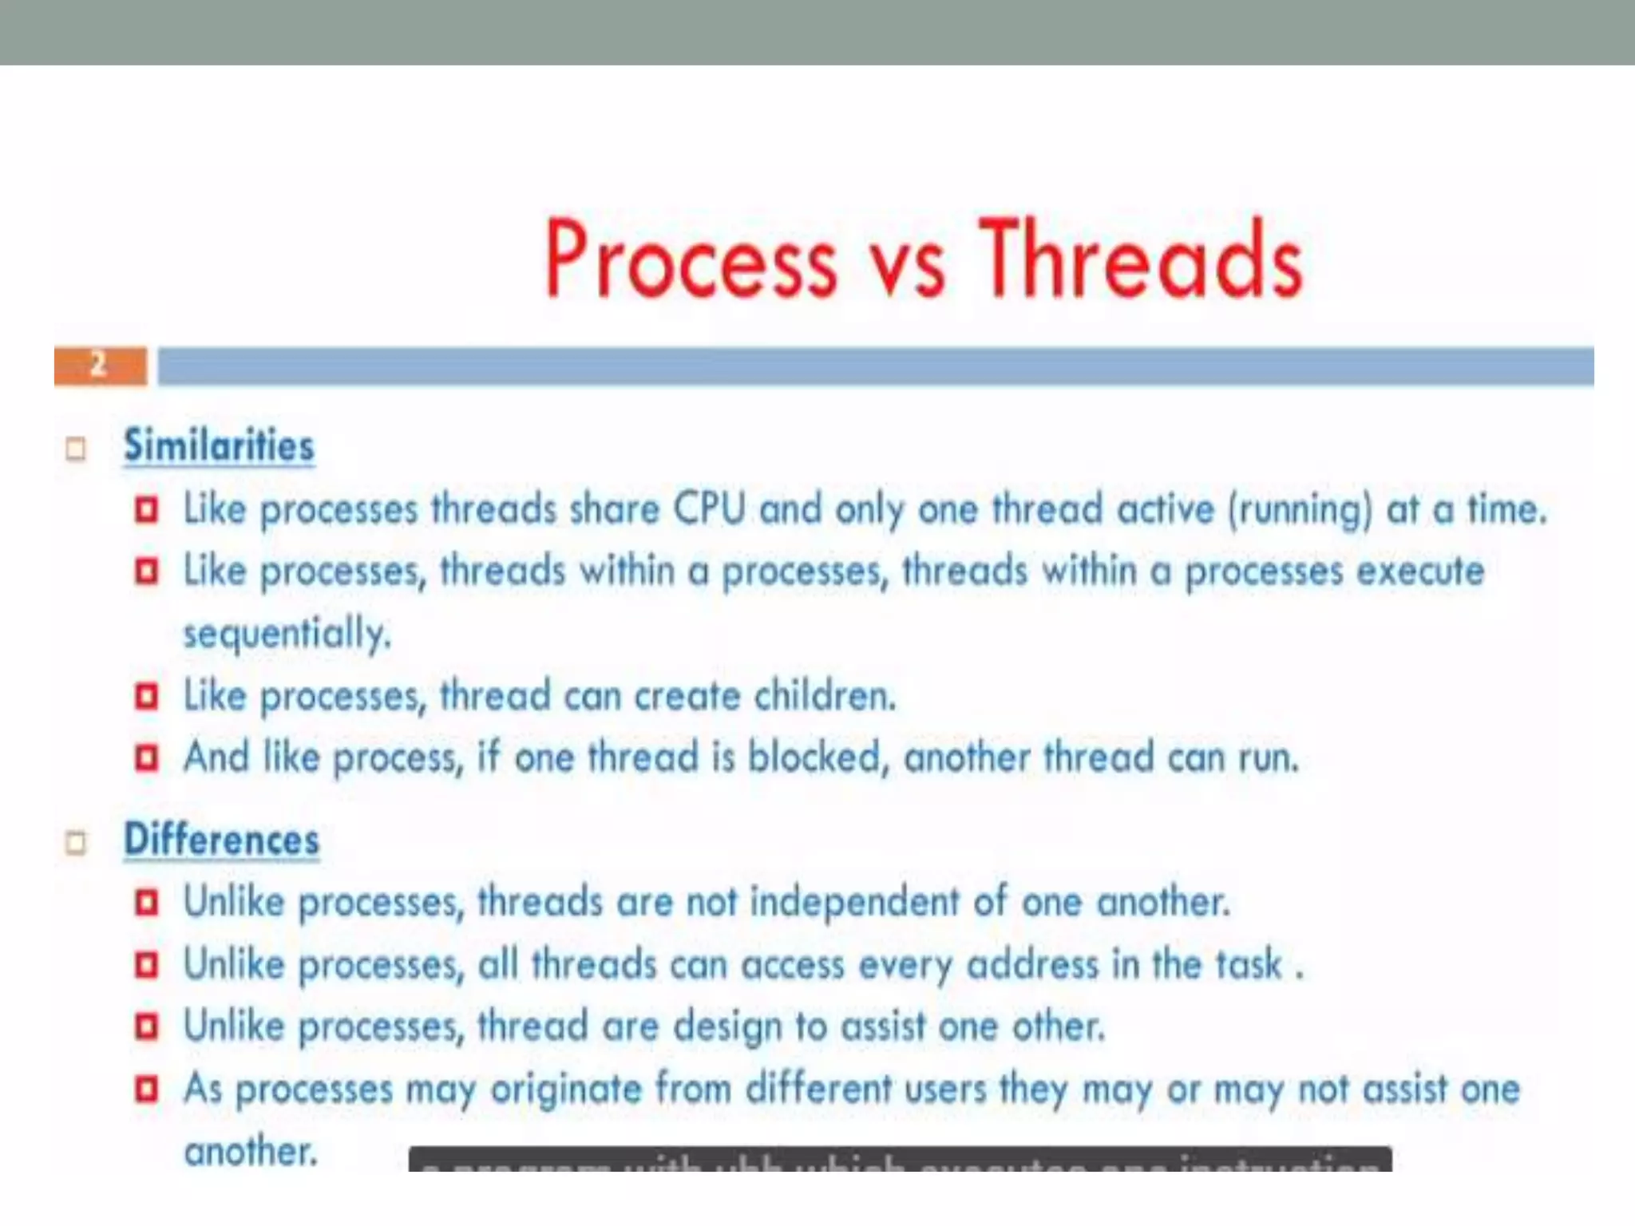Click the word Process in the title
[x=691, y=259]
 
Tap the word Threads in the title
[x=1142, y=259]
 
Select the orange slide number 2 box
[x=101, y=366]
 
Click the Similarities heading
[x=220, y=445]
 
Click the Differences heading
[x=222, y=840]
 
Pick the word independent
[x=854, y=903]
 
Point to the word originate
[x=566, y=1090]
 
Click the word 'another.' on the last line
[x=251, y=1152]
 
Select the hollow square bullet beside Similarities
[x=76, y=449]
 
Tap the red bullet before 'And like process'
[x=147, y=757]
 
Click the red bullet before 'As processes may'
[x=147, y=1089]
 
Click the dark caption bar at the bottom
[x=900, y=1159]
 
